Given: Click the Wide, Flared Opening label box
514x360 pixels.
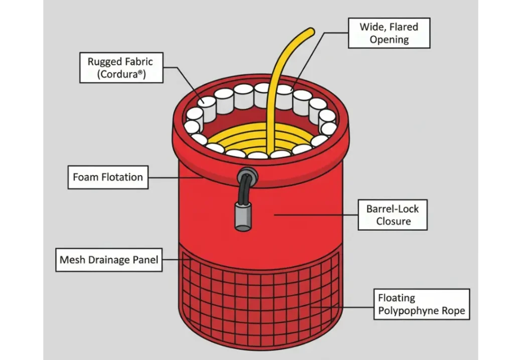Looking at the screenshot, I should coord(389,33).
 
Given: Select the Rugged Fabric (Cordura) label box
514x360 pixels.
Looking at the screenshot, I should coord(120,68).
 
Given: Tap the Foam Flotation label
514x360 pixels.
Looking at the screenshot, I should coord(108,177).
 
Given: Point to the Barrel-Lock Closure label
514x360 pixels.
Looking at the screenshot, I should coord(393,215).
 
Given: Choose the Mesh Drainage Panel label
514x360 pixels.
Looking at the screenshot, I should coord(109,260).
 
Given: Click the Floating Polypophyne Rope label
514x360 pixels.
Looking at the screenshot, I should coord(422,304).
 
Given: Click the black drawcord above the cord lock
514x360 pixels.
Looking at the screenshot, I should coord(244,193).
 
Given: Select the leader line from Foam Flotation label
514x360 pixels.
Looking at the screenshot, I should coord(176,177).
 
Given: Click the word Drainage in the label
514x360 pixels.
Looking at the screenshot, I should coord(108,260).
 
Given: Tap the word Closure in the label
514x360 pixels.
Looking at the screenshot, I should coord(393,221).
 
